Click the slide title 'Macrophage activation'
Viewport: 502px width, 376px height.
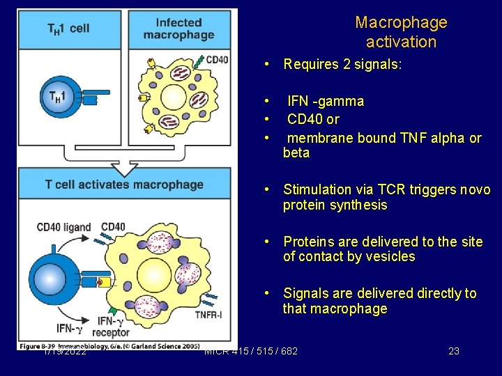[401, 32]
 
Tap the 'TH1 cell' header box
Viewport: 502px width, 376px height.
[68, 29]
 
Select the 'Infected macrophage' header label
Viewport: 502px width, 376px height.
[178, 29]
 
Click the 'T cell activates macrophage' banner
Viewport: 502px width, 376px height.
[124, 185]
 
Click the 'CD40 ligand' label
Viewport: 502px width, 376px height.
[63, 227]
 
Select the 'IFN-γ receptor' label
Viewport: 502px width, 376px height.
[114, 327]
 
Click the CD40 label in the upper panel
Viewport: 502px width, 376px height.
[217, 60]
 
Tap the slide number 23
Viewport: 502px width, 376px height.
[453, 351]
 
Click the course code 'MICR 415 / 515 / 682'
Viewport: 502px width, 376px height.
[251, 351]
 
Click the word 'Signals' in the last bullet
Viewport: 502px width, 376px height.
[307, 294]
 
